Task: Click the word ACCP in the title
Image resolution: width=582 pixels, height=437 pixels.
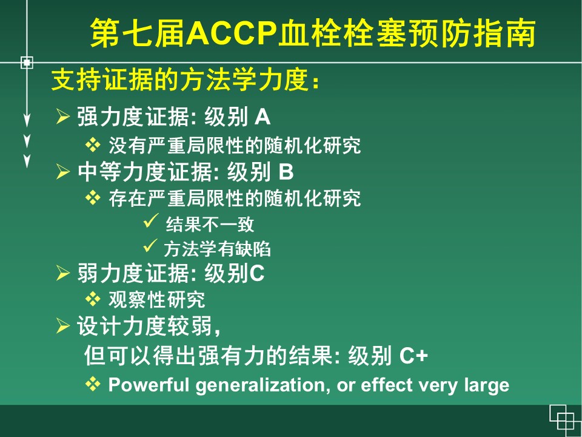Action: click(232, 33)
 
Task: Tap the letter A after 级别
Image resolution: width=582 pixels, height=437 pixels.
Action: click(263, 117)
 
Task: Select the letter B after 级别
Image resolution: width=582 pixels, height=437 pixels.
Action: click(286, 172)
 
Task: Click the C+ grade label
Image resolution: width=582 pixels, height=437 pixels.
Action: click(414, 356)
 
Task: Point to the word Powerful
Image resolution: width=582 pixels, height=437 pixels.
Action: click(149, 384)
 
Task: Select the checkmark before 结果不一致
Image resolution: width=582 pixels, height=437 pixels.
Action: click(151, 221)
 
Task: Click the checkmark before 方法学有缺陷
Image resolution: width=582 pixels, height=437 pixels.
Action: click(150, 246)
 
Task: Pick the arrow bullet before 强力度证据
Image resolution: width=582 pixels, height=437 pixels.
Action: click(62, 117)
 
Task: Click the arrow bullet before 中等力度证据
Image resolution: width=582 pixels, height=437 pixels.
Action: click(62, 171)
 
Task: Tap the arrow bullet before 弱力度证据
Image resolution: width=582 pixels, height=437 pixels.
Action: click(62, 273)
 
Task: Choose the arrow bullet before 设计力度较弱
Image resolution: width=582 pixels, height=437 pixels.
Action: click(62, 326)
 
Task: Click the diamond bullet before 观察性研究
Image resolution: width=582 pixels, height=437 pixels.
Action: click(93, 299)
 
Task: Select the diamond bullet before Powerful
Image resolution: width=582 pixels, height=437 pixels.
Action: click(93, 384)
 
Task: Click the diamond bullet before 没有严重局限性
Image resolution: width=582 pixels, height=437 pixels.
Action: click(93, 145)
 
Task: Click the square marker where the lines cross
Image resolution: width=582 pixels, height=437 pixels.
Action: click(27, 63)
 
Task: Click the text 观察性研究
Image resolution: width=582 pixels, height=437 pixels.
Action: click(156, 299)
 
